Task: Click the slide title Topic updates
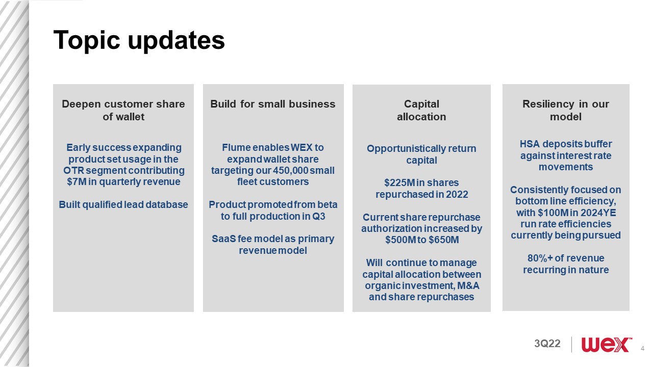[x=139, y=40]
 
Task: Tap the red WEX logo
[x=607, y=345]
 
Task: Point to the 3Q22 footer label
[x=547, y=344]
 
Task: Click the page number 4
[x=642, y=348]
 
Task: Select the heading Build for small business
[x=273, y=104]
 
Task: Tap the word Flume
[x=236, y=147]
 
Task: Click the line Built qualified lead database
[x=123, y=204]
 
